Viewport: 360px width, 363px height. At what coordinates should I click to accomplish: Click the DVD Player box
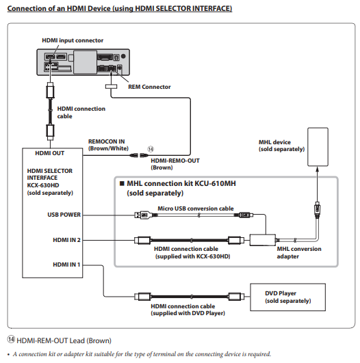[287, 297]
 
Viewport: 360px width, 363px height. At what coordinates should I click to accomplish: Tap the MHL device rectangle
[318, 147]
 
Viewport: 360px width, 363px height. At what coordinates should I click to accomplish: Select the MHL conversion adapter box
[262, 240]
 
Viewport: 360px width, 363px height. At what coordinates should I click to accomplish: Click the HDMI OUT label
[49, 153]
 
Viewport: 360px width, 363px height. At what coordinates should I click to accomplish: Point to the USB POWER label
[64, 215]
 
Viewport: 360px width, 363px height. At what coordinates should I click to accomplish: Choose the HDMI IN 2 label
[66, 240]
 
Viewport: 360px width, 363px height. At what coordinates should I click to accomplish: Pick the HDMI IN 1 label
[66, 265]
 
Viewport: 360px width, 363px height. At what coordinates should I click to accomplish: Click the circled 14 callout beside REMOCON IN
[151, 149]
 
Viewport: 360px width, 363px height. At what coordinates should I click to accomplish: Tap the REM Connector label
[149, 87]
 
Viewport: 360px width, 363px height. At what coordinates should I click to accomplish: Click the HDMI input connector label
[73, 40]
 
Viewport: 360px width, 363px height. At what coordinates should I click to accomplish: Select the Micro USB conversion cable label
[196, 209]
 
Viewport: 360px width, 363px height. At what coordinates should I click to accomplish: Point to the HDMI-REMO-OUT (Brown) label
[175, 164]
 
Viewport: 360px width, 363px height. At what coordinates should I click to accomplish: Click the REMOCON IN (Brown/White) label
[108, 145]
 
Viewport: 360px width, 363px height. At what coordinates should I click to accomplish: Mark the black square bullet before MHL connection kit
[122, 184]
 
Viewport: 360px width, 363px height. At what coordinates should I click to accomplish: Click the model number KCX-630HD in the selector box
[43, 185]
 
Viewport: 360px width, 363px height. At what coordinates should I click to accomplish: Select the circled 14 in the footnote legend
[11, 339]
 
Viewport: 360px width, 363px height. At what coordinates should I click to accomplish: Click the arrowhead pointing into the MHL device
[318, 170]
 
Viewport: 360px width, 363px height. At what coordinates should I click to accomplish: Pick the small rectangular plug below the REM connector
[112, 86]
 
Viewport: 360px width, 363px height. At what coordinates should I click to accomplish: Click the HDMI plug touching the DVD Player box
[236, 296]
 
